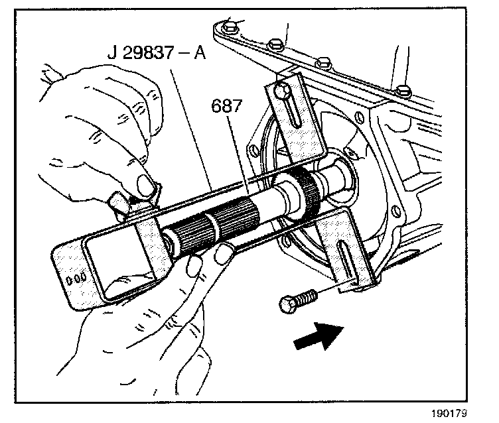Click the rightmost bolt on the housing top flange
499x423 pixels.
399,89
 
